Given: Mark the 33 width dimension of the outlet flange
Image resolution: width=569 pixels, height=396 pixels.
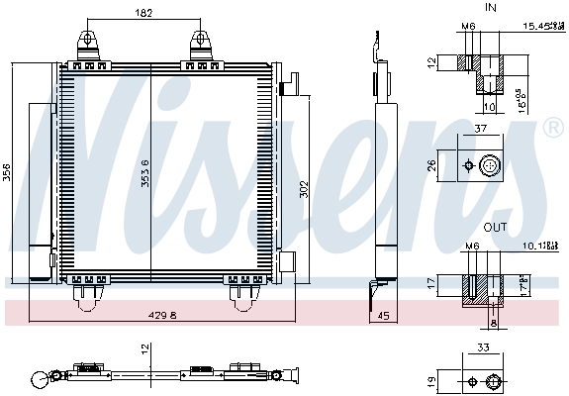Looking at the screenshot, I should tap(483, 347).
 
